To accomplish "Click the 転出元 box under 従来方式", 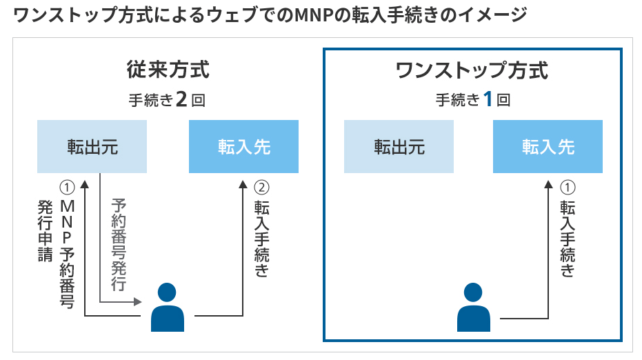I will pyautogui.click(x=92, y=147).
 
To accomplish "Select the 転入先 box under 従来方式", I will pyautogui.click(x=243, y=147).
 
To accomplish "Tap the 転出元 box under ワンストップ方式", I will pyautogui.click(x=399, y=147).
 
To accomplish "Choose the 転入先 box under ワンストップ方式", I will pyautogui.click(x=548, y=147).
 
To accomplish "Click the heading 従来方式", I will pyautogui.click(x=168, y=71).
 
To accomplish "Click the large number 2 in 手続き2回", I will pyautogui.click(x=181, y=100).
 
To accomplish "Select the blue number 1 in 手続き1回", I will pyautogui.click(x=487, y=100).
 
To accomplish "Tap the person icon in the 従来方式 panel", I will pyautogui.click(x=168, y=308).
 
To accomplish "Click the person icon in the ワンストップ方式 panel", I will pyautogui.click(x=474, y=308).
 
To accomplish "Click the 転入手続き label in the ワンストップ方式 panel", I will pyautogui.click(x=568, y=238).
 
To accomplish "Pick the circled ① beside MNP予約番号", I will pyautogui.click(x=67, y=187).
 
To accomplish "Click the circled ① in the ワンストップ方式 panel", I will pyautogui.click(x=568, y=187).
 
